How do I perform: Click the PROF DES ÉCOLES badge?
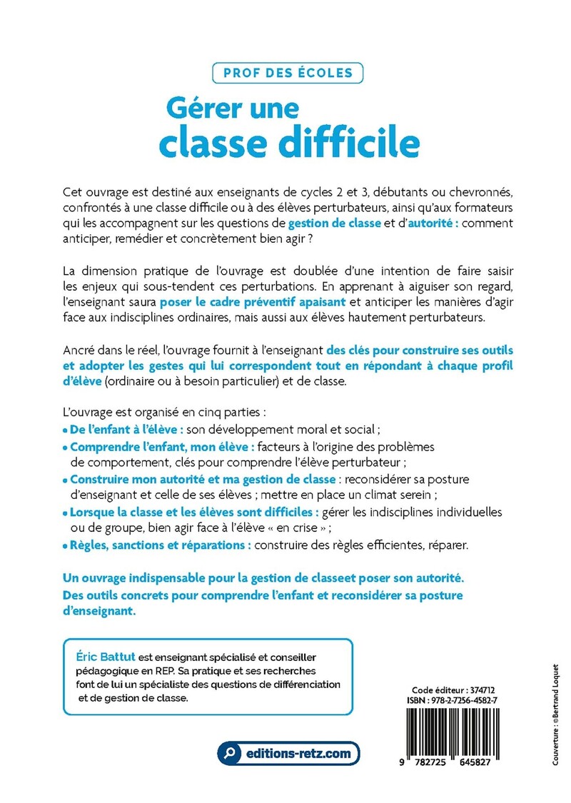click(288, 73)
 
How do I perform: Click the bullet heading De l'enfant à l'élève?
click(126, 430)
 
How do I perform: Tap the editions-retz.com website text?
click(298, 753)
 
